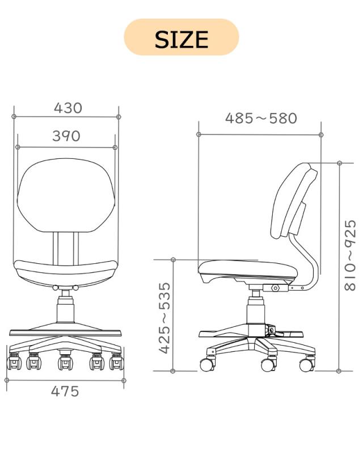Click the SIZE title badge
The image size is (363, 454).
pos(181,37)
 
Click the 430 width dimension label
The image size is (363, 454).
pos(68,108)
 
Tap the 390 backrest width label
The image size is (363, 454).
pos(66,136)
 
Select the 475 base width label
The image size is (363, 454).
pos(65,392)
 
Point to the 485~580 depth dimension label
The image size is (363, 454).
pos(261,119)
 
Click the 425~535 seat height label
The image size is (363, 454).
pos(165,318)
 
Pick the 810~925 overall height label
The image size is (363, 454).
pos(350,255)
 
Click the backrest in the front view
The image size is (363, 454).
pos(66,195)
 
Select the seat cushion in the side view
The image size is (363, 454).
pos(248,269)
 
